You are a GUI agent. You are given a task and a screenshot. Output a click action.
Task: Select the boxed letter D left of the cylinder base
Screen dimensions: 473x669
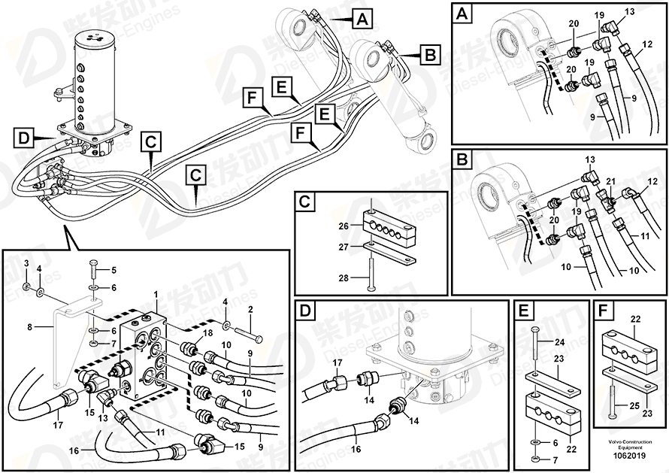[x=24, y=138]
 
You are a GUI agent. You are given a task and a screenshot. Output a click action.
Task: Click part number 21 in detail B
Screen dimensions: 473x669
[x=610, y=181]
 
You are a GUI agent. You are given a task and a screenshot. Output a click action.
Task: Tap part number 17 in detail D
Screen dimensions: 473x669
[x=338, y=362]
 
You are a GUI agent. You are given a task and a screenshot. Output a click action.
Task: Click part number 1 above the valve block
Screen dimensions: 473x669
[x=156, y=294]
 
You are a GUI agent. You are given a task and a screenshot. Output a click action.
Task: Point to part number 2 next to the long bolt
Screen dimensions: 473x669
[x=250, y=309]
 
